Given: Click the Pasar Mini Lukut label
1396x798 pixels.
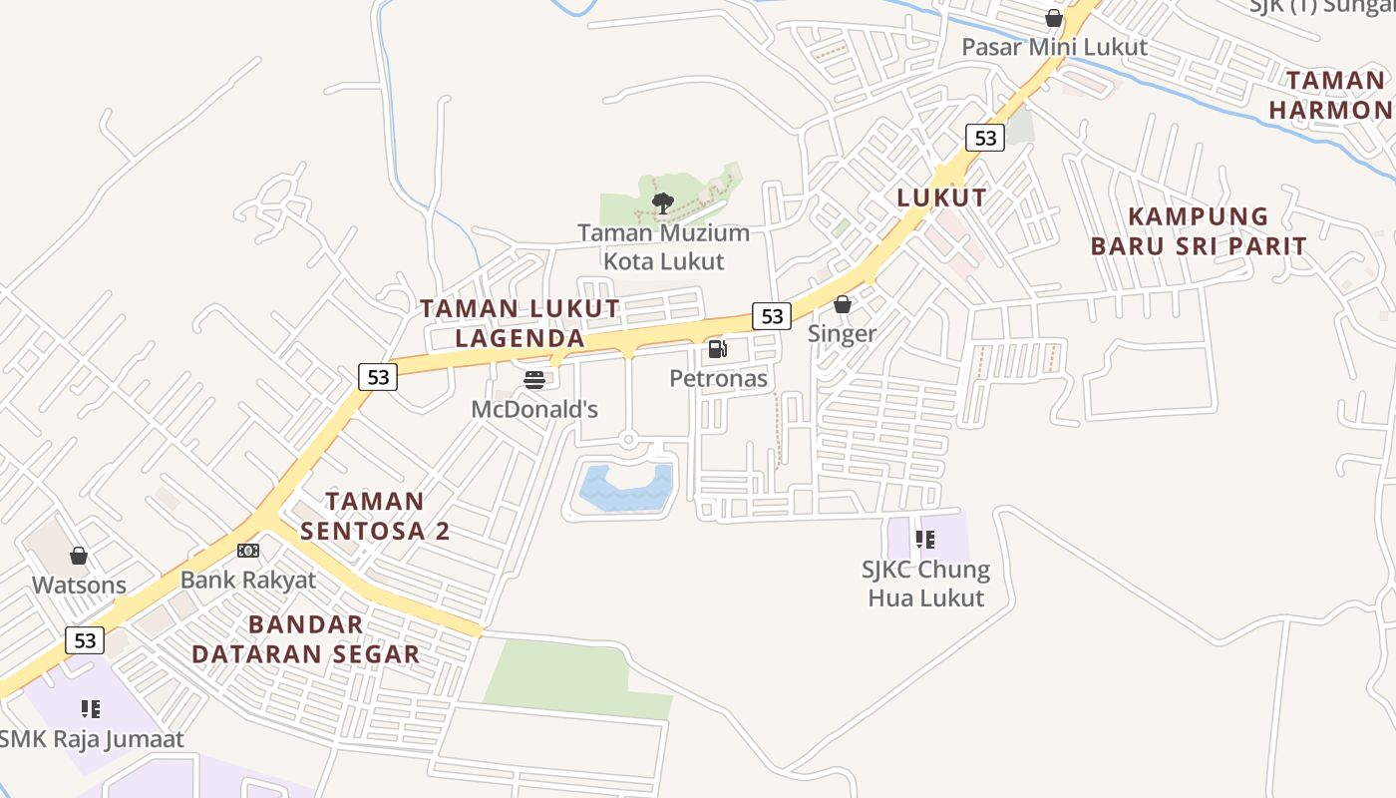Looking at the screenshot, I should coord(1054,47).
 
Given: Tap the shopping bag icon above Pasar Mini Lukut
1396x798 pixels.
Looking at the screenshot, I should coord(1054,18).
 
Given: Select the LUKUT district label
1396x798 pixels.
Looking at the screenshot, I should coord(941,198).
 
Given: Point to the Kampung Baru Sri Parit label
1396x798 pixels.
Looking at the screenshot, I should coord(1198,231).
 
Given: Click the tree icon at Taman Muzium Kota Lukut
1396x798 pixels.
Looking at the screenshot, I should coord(662,203).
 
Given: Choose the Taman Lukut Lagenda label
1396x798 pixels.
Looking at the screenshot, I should coord(520,323).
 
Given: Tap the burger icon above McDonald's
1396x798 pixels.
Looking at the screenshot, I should coord(534,379).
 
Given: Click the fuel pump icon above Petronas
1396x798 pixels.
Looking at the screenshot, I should coord(717,349).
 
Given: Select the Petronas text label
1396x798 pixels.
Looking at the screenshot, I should coord(718,379).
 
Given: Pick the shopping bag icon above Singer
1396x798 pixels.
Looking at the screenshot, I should coord(843,304).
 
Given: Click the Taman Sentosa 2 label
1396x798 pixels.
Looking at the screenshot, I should coord(375,516).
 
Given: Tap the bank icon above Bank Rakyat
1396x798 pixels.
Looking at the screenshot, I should coord(248,551).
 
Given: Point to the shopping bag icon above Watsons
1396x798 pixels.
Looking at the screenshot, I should coord(79,556).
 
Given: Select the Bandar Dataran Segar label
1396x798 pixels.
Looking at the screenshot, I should coord(305,639).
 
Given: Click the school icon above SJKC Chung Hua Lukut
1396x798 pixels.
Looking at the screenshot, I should coord(925,540).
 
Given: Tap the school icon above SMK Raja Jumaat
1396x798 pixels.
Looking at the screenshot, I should coord(91,709).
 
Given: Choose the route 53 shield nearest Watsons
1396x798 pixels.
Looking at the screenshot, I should coord(85,639).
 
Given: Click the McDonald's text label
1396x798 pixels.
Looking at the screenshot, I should coord(534,409).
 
